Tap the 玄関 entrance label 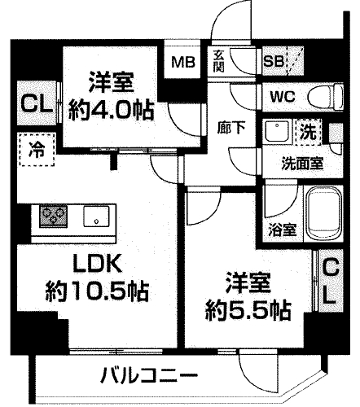(219, 61)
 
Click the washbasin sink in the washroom (276, 131)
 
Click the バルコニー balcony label (149, 377)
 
